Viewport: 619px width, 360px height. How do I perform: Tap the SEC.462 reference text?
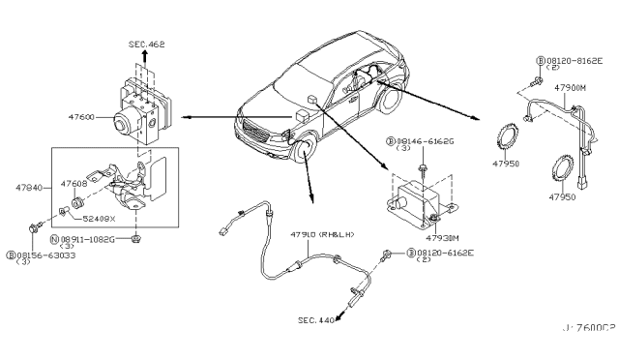tap(147, 44)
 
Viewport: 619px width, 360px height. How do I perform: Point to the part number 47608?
tap(74, 181)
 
